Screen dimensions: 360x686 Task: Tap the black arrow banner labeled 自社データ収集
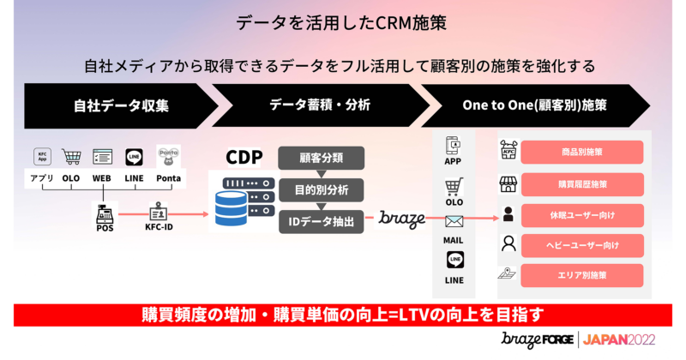[x=116, y=105]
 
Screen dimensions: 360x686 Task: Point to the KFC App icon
[x=41, y=156]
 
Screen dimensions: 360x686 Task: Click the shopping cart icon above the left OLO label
[x=72, y=156]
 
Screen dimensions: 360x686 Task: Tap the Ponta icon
[x=166, y=155]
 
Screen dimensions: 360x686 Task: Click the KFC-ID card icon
[x=160, y=213]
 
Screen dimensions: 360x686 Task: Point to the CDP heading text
[x=244, y=158]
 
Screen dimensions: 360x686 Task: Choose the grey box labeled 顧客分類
[x=322, y=157]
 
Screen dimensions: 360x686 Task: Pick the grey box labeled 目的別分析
[x=322, y=189]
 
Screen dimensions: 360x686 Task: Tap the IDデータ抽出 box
[x=322, y=219]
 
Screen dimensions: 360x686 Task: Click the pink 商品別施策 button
[x=581, y=153]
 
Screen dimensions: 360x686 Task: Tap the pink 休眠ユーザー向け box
[x=581, y=214]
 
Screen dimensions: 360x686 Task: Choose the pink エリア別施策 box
[x=581, y=275]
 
